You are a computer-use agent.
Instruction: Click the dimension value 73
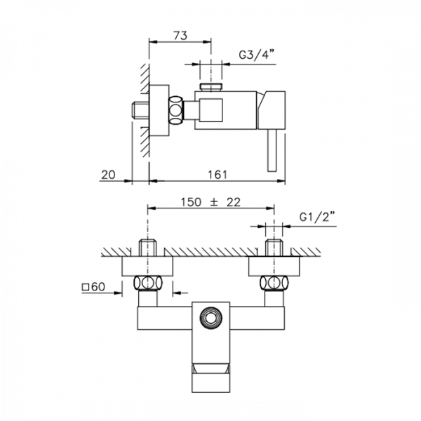click(x=180, y=36)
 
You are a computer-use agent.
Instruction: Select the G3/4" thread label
click(x=257, y=55)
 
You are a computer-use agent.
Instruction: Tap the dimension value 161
click(x=218, y=175)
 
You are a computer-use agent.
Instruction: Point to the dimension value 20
click(x=108, y=175)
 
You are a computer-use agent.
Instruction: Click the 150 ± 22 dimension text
click(x=210, y=202)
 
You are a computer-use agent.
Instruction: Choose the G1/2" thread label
click(x=317, y=217)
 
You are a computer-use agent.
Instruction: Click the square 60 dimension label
click(x=93, y=287)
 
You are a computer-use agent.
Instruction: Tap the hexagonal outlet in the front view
click(x=211, y=318)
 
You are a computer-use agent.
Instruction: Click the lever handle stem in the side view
click(x=272, y=150)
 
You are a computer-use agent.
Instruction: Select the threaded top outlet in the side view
click(x=211, y=87)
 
